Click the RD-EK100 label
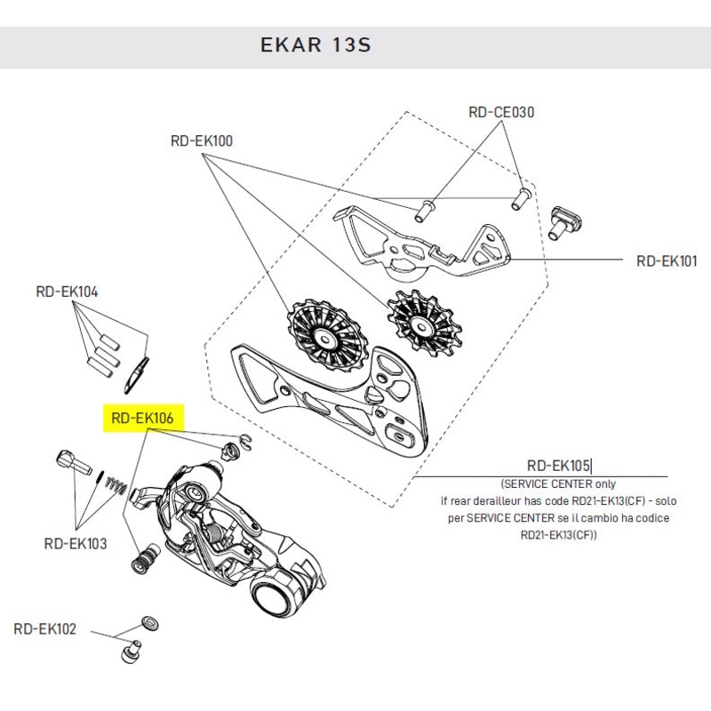click(x=202, y=140)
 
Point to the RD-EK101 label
click(x=667, y=261)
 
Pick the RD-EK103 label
click(x=76, y=543)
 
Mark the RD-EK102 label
click(x=45, y=628)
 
